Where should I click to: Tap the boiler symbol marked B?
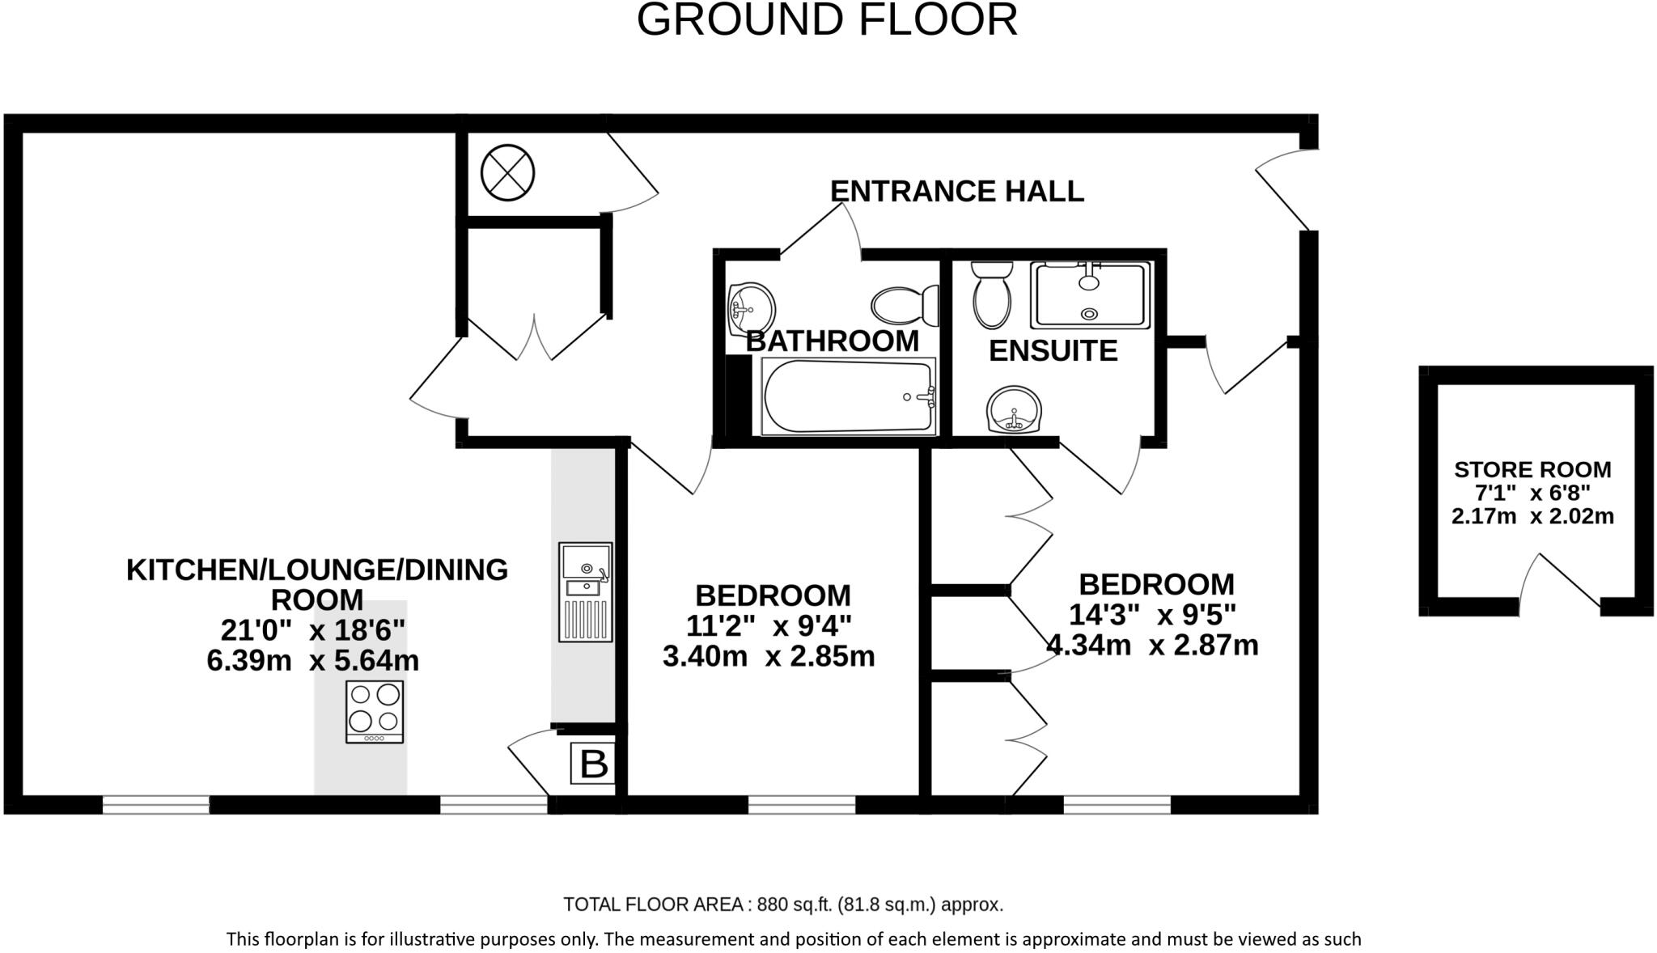pos(593,764)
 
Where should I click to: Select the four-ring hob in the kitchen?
pos(375,712)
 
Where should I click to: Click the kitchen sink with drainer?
pos(585,592)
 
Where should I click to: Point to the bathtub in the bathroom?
pos(848,396)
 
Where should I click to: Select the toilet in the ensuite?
pos(992,296)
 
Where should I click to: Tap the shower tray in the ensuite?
pos(1090,295)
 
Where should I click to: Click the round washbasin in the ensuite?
pos(1014,410)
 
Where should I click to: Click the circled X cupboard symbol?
pos(508,172)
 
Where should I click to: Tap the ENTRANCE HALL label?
pos(956,192)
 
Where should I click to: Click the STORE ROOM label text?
pos(1532,470)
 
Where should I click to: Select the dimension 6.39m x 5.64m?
pos(313,661)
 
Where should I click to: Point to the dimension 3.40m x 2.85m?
pos(769,656)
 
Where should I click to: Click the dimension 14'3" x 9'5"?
pos(1152,616)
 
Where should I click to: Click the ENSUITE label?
pos(1053,351)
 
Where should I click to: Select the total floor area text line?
pos(782,904)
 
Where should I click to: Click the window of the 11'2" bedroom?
pos(801,805)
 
